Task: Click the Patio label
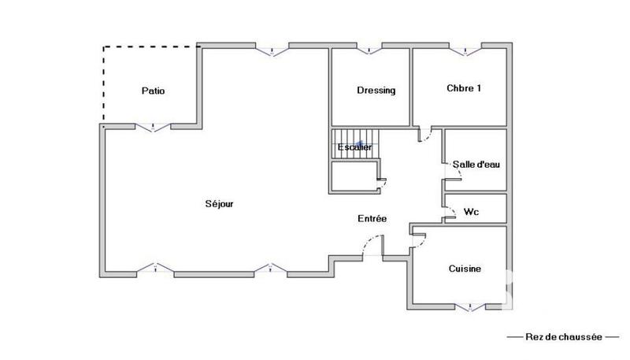click(x=153, y=91)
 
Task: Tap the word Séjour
click(x=220, y=203)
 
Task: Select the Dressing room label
click(x=376, y=90)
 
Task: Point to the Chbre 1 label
click(x=463, y=88)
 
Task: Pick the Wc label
click(x=472, y=211)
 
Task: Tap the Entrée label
click(x=372, y=218)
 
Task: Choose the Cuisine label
click(x=465, y=269)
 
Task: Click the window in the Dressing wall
click(x=369, y=50)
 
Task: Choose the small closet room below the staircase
click(x=354, y=176)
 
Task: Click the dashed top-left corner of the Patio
click(x=104, y=48)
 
